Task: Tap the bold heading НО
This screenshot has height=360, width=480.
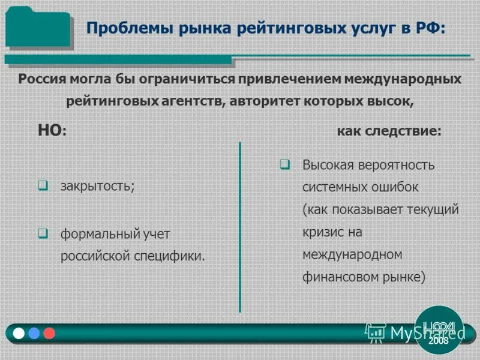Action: [x=50, y=130]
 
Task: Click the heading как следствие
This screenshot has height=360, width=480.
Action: [x=388, y=131]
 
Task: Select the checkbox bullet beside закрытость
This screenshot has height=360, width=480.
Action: [x=43, y=185]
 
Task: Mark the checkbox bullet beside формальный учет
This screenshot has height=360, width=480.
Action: [x=43, y=233]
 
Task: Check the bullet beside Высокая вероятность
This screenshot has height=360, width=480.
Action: [x=285, y=164]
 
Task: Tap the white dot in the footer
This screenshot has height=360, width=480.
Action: [x=19, y=333]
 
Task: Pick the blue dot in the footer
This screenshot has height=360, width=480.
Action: [x=34, y=333]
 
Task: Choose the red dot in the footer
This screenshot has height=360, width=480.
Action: [x=49, y=333]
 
